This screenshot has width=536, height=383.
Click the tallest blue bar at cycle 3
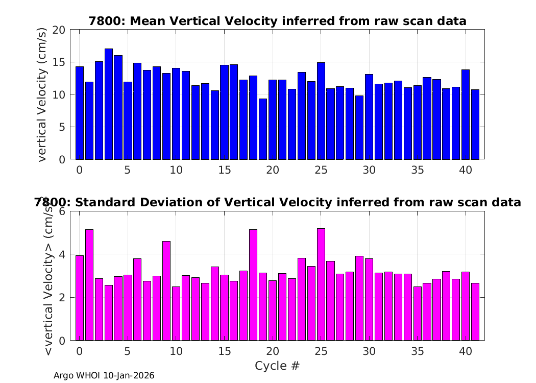click(109, 104)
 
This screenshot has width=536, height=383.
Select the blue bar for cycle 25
click(321, 111)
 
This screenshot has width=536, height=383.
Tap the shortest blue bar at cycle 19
click(263, 129)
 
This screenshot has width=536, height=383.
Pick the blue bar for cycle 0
click(80, 113)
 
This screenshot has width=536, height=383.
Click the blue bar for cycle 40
click(466, 114)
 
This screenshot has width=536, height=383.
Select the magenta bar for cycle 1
click(89, 285)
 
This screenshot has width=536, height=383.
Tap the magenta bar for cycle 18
click(253, 285)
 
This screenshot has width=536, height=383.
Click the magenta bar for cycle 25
click(321, 284)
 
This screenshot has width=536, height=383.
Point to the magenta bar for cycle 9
click(166, 291)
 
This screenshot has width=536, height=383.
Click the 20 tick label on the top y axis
click(59, 30)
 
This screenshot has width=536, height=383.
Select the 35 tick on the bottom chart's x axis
click(418, 351)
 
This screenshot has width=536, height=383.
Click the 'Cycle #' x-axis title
click(277, 366)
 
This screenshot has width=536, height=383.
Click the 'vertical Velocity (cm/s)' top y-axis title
click(42, 94)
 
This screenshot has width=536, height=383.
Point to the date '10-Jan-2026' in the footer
click(129, 376)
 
